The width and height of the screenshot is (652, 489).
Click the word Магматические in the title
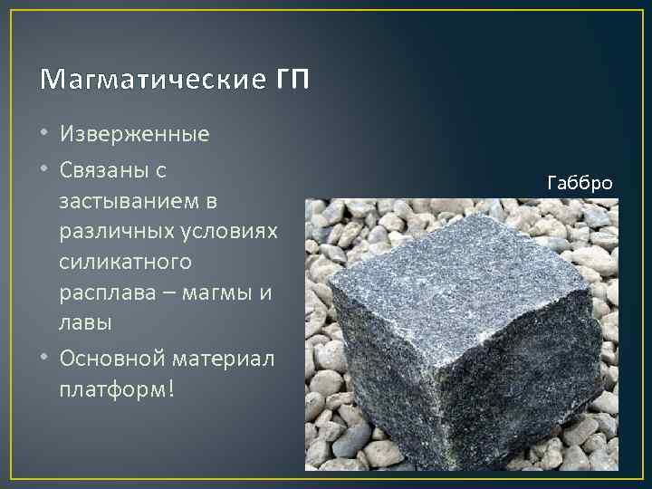[146, 81]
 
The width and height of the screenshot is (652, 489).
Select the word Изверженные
[135, 135]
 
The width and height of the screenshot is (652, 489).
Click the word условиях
[227, 231]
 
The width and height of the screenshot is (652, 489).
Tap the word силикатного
[125, 262]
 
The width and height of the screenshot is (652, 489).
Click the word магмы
[218, 292]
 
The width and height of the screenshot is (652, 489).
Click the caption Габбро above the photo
[580, 184]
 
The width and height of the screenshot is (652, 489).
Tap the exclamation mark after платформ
[170, 388]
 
